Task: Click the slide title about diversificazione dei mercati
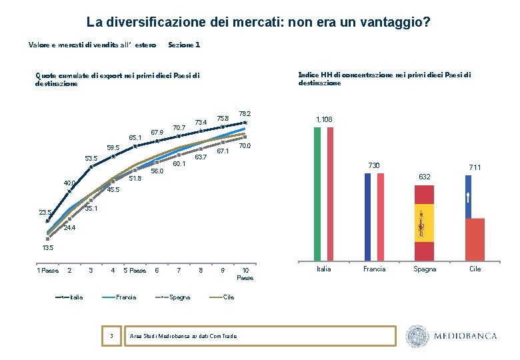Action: pos(258,23)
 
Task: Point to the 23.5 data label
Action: pos(44,213)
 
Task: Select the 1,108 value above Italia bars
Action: pos(324,119)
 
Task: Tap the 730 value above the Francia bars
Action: pos(374,165)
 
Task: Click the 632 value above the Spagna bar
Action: pos(425,177)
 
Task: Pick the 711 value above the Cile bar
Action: pos(475,167)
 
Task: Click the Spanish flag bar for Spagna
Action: pos(424,223)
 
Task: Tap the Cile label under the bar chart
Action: pos(475,269)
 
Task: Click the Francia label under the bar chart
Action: pos(374,269)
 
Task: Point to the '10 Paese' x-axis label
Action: pos(245,273)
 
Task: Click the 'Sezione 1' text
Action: pos(184,45)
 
